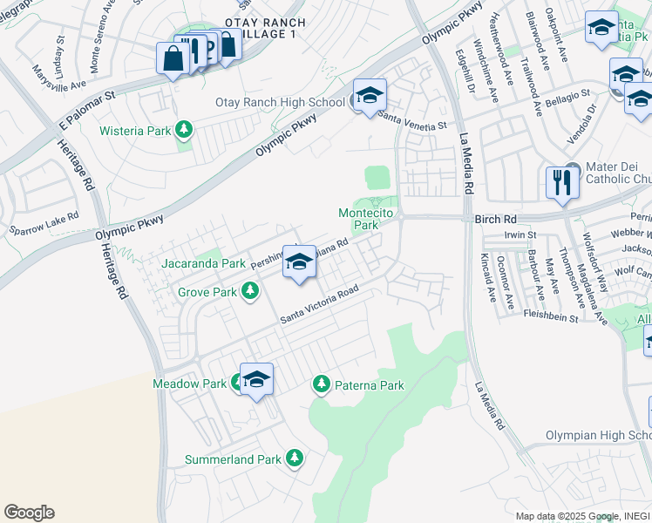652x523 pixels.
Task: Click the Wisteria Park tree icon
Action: [183, 131]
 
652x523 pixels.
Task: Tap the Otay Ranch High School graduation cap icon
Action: [370, 96]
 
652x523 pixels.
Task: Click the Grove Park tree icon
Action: [251, 291]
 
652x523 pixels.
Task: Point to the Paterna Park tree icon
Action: [322, 384]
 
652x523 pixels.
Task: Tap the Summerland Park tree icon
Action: [295, 458]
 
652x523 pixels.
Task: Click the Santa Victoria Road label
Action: [319, 309]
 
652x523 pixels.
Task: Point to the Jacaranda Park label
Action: [203, 262]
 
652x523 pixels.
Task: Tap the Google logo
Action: [29, 513]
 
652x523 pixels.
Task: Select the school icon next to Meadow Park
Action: [256, 379]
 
